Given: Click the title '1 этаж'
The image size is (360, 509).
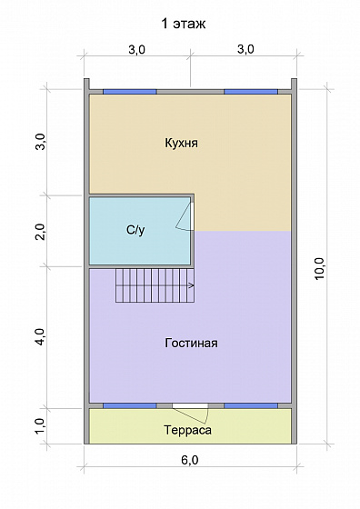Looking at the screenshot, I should coord(181,23).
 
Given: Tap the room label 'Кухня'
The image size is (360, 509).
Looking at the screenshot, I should coord(182,143).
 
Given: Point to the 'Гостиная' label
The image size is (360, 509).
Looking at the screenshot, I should coord(191,344).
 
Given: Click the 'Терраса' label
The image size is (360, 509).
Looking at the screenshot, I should coord(187,430).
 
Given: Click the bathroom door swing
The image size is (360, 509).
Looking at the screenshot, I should coord(185,215).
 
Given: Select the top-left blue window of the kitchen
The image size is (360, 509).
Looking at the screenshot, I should coord(129,91).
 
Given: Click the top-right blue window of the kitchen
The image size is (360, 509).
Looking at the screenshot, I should coord(251,91).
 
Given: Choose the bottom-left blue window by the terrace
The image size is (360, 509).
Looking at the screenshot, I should coord(129,404).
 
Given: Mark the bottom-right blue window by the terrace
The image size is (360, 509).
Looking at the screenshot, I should coord(251,404).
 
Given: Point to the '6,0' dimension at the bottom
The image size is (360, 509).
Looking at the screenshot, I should coord(189,460).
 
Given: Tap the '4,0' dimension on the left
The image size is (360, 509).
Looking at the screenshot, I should coord(40,338).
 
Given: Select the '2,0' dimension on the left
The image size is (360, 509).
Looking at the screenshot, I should coord(40,231).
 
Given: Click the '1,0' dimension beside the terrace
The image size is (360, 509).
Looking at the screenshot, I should coord(40,424).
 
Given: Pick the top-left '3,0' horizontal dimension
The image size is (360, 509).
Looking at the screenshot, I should coord(136,49).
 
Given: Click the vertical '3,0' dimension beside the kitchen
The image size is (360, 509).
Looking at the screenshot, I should coord(40,143).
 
